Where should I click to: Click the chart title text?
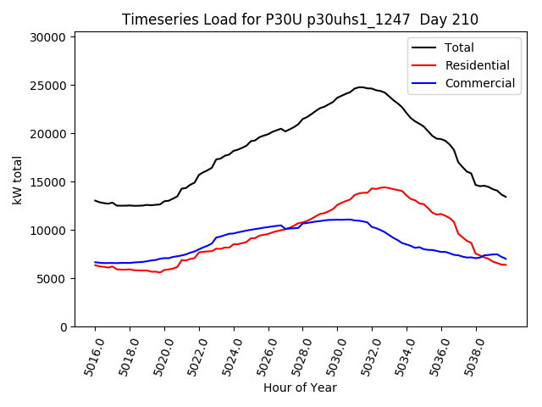click(x=300, y=20)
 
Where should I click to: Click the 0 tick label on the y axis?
click(x=63, y=327)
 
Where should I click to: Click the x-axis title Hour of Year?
click(x=300, y=387)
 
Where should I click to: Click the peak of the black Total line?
click(x=361, y=87)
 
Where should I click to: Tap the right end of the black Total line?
click(x=506, y=197)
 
